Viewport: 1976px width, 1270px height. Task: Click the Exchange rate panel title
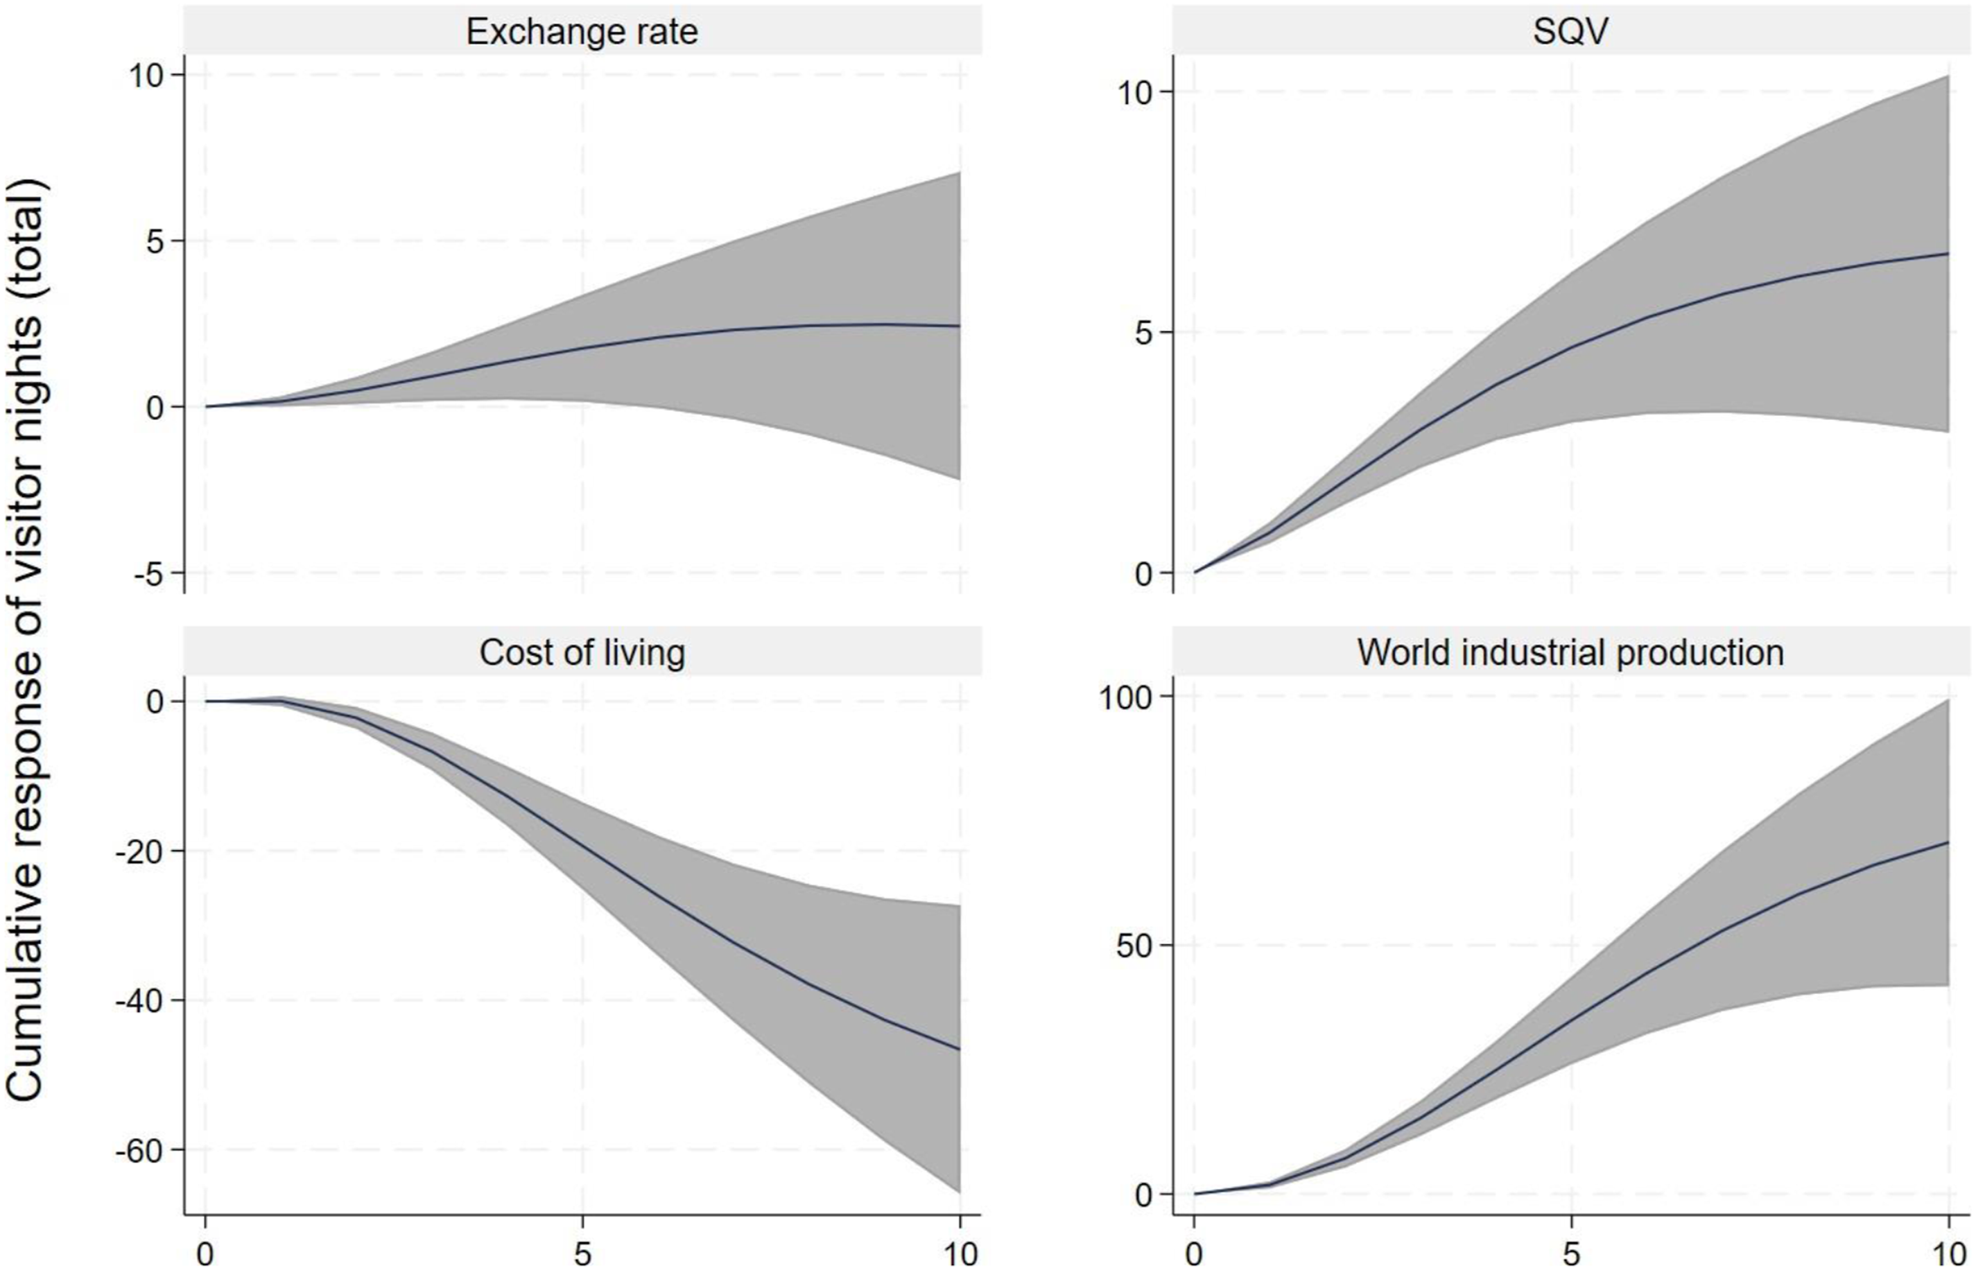(x=582, y=32)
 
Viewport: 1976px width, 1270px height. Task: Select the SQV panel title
(x=1570, y=32)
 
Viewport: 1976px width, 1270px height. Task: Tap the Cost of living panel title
(x=582, y=652)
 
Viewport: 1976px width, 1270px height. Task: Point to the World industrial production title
(x=1570, y=652)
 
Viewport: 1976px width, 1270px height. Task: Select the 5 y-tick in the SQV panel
(x=1141, y=334)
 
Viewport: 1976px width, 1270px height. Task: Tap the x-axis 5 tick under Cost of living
(x=582, y=1254)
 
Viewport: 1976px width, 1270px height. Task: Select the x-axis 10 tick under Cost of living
(x=960, y=1254)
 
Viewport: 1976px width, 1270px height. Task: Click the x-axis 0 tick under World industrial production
(x=1193, y=1254)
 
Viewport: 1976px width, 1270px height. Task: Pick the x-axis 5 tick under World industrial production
(x=1571, y=1254)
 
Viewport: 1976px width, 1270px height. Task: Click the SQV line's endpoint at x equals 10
(x=1948, y=253)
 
